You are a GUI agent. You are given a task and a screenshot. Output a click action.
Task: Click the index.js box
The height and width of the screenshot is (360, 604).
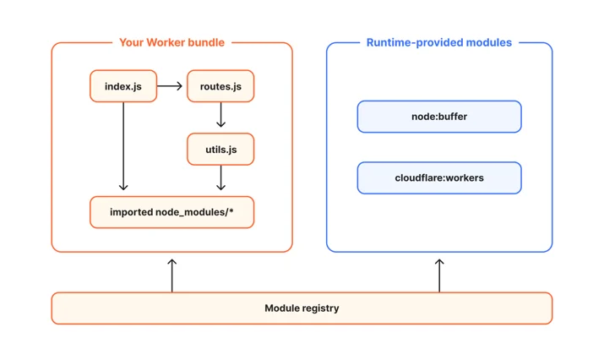123,86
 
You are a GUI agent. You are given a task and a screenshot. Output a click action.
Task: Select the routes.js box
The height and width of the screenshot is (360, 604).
220,86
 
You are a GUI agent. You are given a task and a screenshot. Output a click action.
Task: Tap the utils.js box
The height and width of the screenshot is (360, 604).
220,150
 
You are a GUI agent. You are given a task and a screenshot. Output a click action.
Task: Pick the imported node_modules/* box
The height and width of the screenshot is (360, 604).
171,212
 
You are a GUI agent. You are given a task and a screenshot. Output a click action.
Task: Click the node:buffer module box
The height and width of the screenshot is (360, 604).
439,117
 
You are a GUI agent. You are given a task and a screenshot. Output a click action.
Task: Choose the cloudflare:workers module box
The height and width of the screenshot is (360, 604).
439,177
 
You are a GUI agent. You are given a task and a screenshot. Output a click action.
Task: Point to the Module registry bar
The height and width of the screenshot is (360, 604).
302,308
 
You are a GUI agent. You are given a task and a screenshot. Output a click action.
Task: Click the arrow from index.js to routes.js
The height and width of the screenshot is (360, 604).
170,86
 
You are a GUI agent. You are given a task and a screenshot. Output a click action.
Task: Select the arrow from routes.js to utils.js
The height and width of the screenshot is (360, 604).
220,114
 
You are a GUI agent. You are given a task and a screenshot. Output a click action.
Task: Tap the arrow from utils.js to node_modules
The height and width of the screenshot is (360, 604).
220,177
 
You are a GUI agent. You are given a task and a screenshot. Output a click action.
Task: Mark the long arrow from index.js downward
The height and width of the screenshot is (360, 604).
123,146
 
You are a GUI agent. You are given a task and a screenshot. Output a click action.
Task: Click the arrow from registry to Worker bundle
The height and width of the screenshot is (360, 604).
172,275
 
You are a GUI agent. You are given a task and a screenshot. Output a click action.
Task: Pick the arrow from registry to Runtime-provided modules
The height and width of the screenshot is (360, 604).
439,275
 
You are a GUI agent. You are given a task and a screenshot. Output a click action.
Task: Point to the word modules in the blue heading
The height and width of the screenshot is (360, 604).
489,42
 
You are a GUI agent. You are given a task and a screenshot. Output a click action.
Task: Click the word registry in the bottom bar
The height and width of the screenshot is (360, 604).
320,308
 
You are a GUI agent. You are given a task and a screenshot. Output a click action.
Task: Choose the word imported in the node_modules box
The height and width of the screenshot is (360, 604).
131,212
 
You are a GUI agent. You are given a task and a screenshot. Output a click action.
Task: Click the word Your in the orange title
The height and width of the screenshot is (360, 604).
131,42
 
